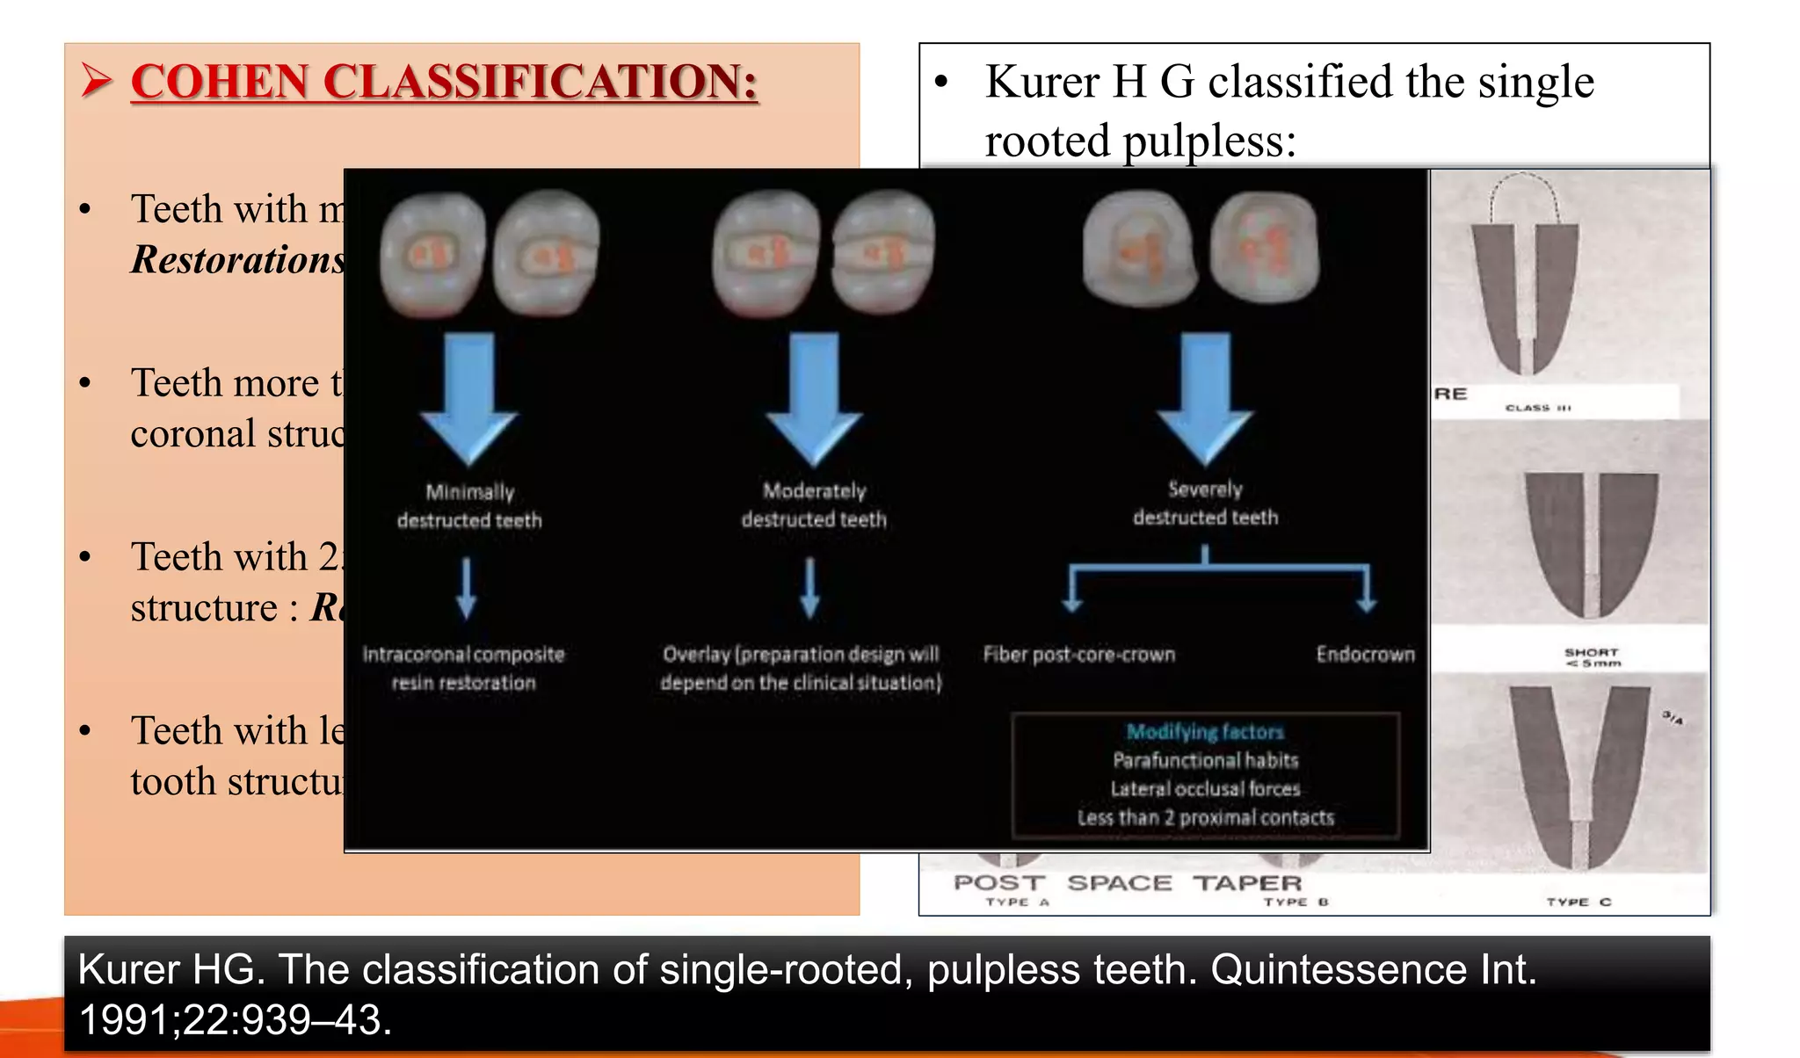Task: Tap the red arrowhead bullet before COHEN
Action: tap(96, 82)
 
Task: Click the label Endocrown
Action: tap(1365, 654)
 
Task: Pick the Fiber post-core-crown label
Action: tap(1078, 655)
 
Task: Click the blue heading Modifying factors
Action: tap(1205, 731)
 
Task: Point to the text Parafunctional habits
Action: tap(1205, 760)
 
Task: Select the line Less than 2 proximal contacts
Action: tap(1205, 818)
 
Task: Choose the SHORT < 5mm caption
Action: tap(1592, 657)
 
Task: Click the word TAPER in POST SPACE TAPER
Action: tap(1246, 883)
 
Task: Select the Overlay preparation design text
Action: tap(801, 669)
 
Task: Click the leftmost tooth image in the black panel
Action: tap(432, 255)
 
